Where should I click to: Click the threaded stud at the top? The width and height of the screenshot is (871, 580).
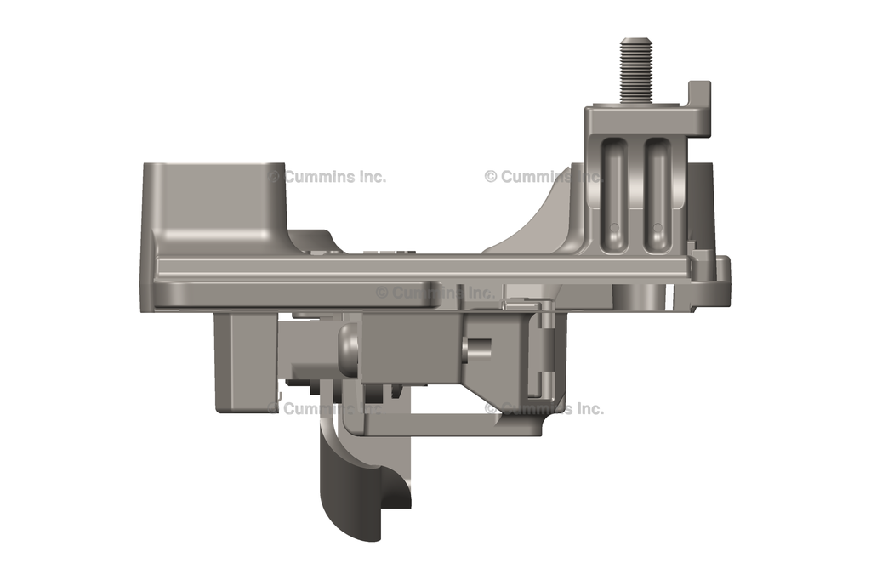coord(636,68)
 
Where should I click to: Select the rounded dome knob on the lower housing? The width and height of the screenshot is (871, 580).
coord(348,350)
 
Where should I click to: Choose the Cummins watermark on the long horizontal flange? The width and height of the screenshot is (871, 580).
coord(435,292)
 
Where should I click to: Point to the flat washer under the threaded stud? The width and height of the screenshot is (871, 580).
coord(636,101)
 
